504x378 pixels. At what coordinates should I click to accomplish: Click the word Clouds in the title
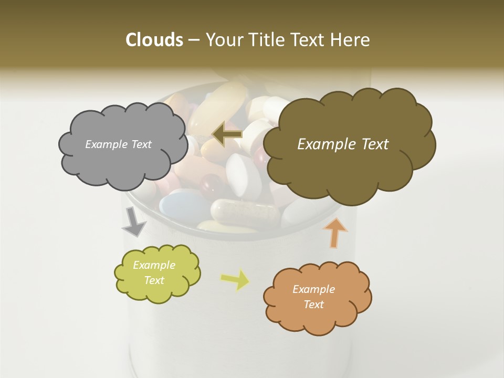click(154, 40)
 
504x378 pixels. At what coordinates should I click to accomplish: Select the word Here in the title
click(352, 40)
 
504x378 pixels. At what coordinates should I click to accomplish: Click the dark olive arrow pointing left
click(227, 134)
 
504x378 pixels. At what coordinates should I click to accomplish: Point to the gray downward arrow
click(133, 222)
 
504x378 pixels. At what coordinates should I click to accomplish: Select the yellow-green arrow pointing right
click(236, 279)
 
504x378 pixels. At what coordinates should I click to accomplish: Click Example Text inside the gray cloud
click(118, 144)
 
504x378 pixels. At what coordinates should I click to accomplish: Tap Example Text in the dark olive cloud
click(343, 144)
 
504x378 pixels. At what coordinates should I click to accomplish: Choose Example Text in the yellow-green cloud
click(154, 273)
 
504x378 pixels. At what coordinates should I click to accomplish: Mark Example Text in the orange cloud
click(313, 297)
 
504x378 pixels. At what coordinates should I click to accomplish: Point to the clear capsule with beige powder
click(244, 211)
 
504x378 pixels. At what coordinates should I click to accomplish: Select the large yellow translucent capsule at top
click(218, 108)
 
